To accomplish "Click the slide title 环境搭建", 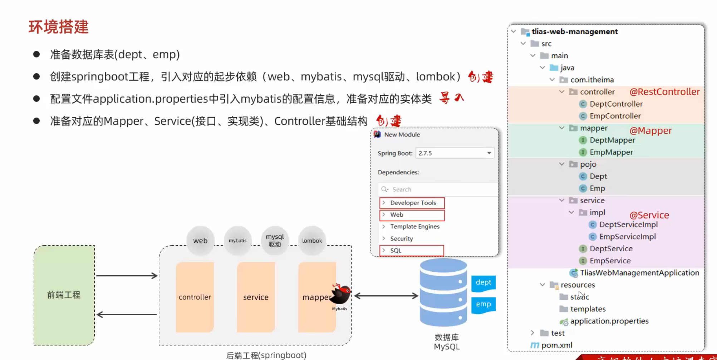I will coord(59,27).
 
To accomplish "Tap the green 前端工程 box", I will coord(64,295).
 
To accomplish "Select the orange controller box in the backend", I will coord(195,297).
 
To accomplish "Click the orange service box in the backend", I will coord(256,297).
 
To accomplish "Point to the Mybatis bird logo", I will coord(341,294).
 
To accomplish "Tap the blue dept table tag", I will coord(483,282).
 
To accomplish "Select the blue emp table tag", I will coord(483,304).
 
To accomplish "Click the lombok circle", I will coord(312,241).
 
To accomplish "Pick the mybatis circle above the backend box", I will coord(237,241).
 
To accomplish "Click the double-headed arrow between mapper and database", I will coord(386,296).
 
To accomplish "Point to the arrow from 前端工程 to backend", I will coord(127,276).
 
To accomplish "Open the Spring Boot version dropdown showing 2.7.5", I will coord(455,153).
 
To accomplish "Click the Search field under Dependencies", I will coord(438,189).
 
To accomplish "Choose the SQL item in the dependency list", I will coord(411,251).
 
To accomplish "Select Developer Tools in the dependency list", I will coord(413,203).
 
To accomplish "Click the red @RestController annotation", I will coord(664,92).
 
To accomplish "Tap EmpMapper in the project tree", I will coord(611,152).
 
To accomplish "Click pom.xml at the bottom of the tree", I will coord(556,345).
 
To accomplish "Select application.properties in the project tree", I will coord(609,321).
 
